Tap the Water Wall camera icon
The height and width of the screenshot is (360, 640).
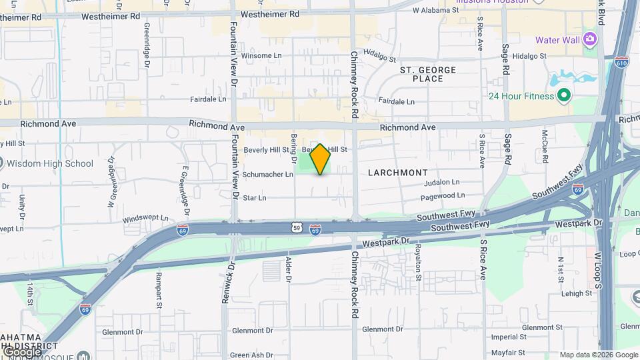click(x=589, y=38)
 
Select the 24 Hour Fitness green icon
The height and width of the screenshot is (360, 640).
click(x=564, y=96)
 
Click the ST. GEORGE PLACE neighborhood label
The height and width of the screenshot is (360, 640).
click(x=428, y=74)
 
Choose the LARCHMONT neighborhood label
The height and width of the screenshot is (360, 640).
click(x=398, y=173)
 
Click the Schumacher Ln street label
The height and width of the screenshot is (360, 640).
click(x=267, y=174)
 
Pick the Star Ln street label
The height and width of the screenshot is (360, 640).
click(x=255, y=197)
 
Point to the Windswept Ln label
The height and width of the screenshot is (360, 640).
click(x=145, y=219)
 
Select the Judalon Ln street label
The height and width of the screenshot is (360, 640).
click(x=442, y=181)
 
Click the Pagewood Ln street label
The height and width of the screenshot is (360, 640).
click(x=443, y=195)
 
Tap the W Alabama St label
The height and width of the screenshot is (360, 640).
click(x=435, y=11)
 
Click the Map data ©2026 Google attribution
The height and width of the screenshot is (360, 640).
click(x=599, y=355)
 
